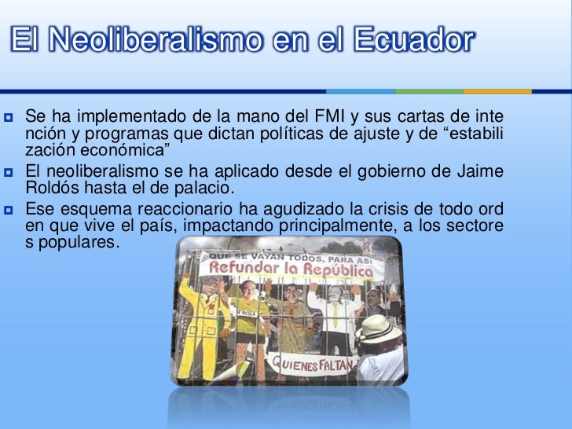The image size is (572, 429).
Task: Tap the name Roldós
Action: [53, 189]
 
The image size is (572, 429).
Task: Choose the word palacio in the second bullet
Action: [208, 189]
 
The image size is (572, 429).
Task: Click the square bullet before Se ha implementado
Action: [11, 119]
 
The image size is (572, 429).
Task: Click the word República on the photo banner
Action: [335, 273]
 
